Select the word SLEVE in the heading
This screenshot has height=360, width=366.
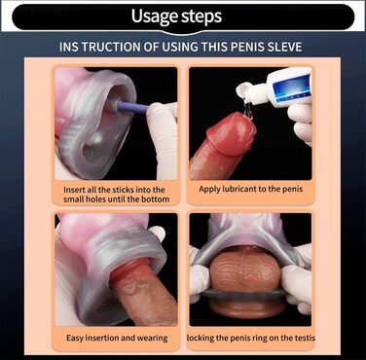click(x=284, y=47)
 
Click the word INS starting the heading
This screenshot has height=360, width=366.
click(x=69, y=47)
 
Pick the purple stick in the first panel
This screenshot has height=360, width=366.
click(x=131, y=107)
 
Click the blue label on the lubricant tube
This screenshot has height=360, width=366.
click(x=289, y=88)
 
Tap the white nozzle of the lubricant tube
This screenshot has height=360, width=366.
click(x=248, y=92)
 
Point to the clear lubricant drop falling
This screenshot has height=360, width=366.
click(x=248, y=110)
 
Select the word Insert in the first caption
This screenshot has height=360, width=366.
click(x=73, y=190)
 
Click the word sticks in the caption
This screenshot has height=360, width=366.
click(x=123, y=190)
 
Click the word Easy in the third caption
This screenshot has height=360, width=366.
click(x=73, y=338)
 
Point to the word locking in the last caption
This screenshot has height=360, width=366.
click(x=201, y=339)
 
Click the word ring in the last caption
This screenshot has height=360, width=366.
click(x=255, y=339)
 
